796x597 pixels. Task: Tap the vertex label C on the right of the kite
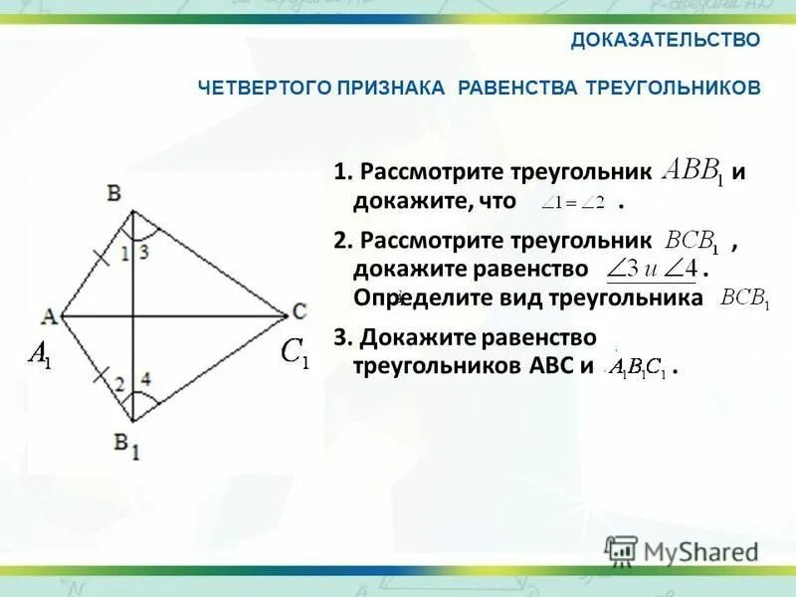point(298,311)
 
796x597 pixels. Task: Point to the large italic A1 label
point(40,353)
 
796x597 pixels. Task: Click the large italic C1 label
point(295,354)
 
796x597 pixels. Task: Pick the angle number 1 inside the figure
point(124,254)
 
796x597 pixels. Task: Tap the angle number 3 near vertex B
point(144,253)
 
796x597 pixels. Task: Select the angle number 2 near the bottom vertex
point(118,384)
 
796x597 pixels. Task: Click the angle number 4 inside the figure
point(145,379)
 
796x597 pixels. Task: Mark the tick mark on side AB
point(99,260)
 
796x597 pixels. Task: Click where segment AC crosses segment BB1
point(132,317)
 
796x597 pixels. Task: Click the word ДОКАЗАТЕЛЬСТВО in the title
point(666,40)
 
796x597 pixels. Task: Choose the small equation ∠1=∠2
point(573,203)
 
